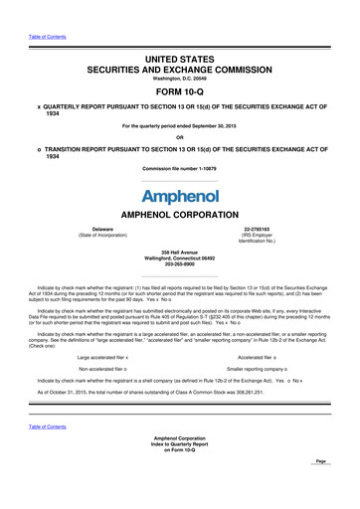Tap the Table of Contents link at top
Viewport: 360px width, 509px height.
pos(43,7)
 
